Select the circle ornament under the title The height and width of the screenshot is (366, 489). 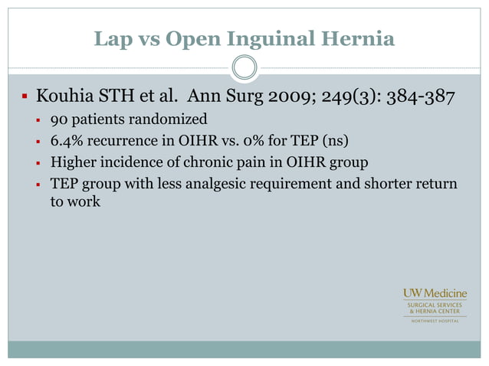click(x=244, y=69)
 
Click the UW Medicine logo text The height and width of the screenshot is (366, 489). click(x=435, y=294)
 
